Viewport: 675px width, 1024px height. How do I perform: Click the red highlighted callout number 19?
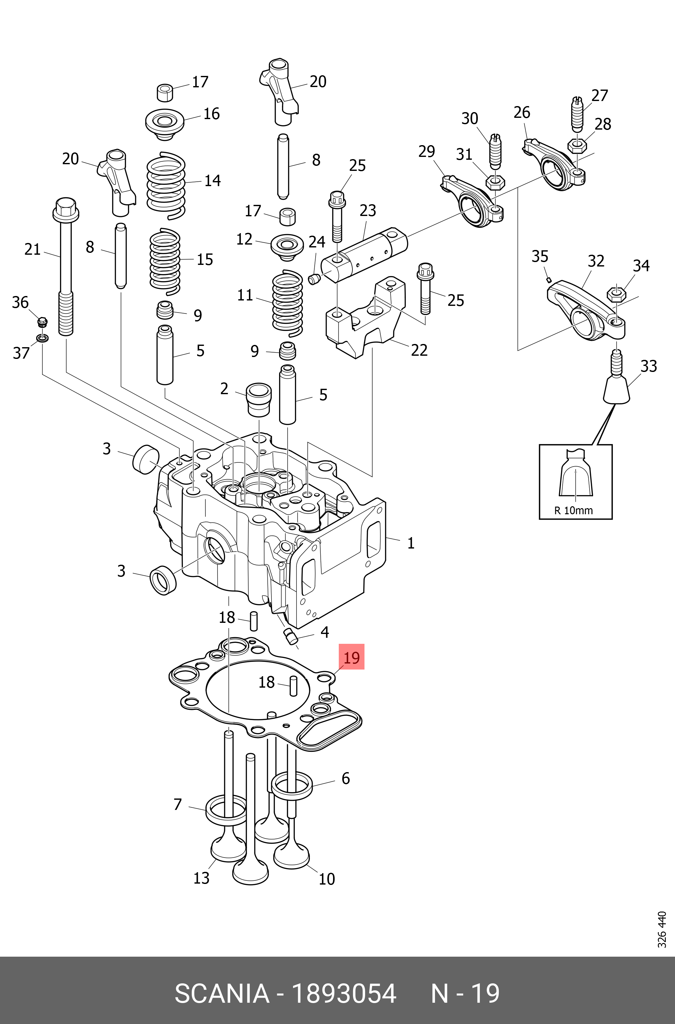coord(351,657)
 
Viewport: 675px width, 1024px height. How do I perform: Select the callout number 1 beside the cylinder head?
coord(411,543)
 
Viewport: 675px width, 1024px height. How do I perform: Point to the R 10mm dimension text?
coord(573,510)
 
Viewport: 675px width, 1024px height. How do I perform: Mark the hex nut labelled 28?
coord(577,145)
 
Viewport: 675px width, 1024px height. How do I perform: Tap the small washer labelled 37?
coord(42,338)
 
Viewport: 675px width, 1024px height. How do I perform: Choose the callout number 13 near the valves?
coord(201,878)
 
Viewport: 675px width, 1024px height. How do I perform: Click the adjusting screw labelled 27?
coord(577,114)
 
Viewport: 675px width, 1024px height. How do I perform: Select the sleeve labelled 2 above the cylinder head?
coord(259,398)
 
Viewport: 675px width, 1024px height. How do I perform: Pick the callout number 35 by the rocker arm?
coord(539,256)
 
